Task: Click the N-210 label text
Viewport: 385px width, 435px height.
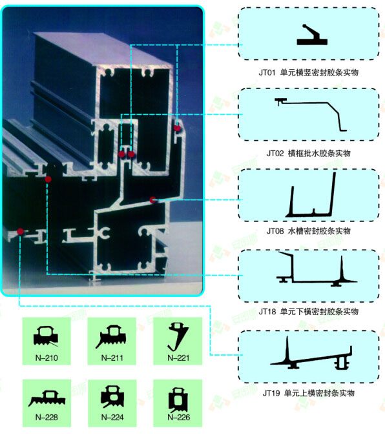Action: click(47, 358)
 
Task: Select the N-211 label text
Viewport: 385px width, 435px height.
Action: click(112, 358)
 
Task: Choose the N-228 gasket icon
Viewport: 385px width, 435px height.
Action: click(47, 399)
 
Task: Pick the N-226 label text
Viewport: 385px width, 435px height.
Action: click(178, 417)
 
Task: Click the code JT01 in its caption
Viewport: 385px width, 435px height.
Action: click(267, 73)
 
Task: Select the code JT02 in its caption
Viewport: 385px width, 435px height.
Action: click(275, 153)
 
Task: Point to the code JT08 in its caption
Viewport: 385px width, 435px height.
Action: click(275, 231)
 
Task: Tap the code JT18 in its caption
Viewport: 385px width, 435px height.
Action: click(267, 312)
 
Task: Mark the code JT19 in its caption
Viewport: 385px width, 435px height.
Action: click(271, 393)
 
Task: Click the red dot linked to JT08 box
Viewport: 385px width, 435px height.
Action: click(152, 199)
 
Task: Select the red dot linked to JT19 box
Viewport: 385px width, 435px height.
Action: click(20, 231)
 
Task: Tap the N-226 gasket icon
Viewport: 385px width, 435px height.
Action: click(178, 400)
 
